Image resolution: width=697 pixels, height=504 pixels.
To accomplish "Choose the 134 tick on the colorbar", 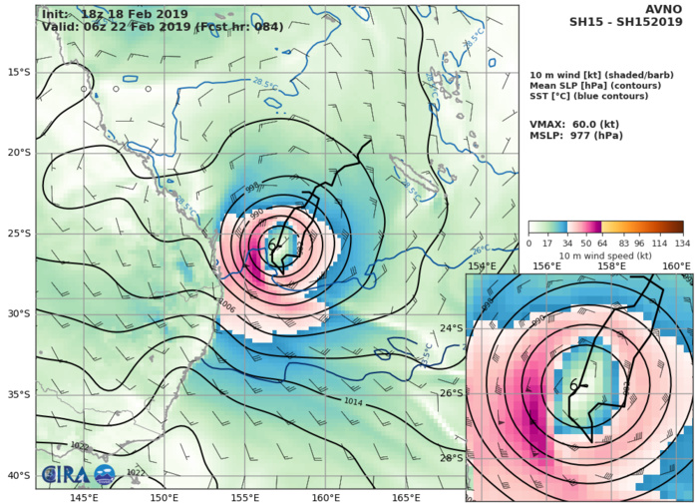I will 682,243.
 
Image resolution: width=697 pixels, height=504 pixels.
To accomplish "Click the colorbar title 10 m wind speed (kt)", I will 606,255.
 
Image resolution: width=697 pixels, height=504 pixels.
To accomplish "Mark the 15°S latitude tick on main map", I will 18,72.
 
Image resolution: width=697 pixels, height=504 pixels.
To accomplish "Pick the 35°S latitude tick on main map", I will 18,394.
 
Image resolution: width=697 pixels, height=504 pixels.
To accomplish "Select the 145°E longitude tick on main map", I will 85,497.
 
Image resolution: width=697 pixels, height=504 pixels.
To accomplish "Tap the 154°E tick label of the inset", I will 483,266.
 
